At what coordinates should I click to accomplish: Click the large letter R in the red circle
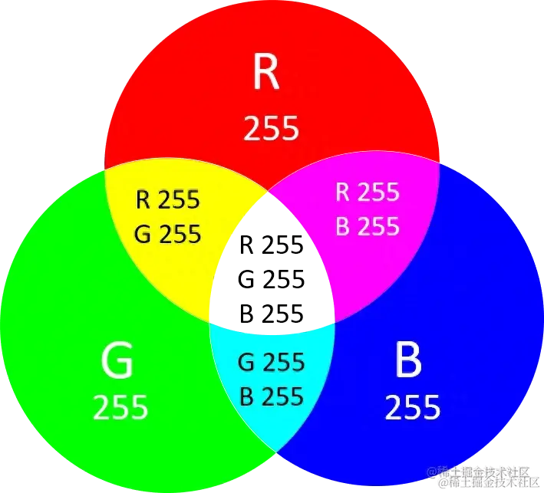(266, 73)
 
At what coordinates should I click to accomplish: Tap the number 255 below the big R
(271, 129)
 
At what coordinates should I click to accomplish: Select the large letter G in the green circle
(117, 361)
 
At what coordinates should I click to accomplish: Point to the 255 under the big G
(120, 408)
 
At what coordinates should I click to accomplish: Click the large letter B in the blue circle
(407, 360)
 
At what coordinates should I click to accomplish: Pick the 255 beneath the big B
(412, 407)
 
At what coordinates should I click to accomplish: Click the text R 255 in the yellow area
(168, 201)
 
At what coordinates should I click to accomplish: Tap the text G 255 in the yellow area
(168, 233)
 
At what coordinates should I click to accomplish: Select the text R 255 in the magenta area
(367, 192)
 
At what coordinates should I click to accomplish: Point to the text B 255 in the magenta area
(367, 226)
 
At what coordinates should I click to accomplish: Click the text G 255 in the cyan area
(271, 361)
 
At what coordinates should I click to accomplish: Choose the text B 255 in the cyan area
(271, 396)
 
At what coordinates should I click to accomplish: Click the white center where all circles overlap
(272, 265)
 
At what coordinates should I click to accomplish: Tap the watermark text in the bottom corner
(483, 477)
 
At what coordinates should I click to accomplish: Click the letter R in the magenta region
(343, 192)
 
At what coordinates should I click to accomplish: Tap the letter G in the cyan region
(246, 361)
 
